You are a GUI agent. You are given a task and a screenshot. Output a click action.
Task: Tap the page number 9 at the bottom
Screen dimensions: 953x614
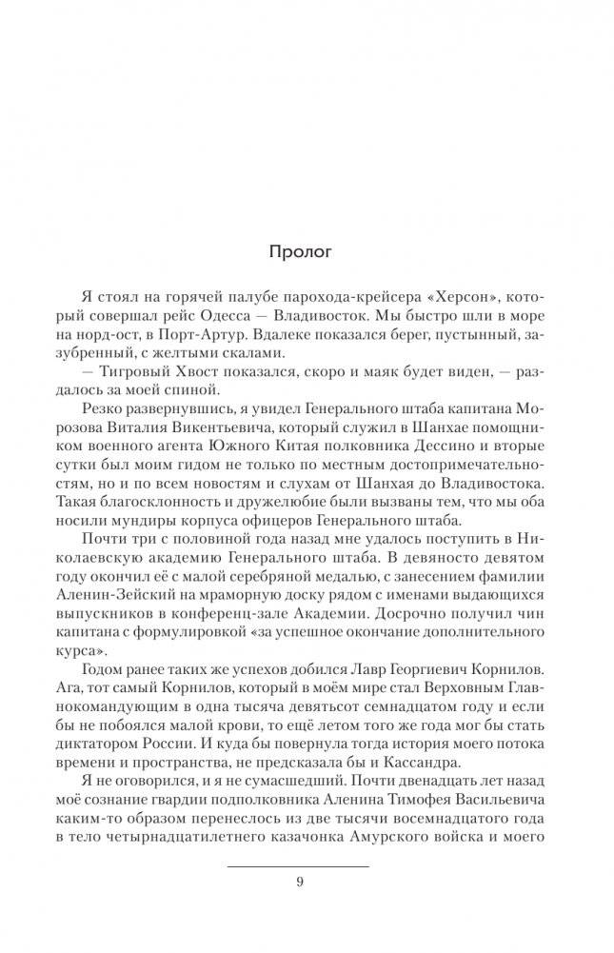pos(300,881)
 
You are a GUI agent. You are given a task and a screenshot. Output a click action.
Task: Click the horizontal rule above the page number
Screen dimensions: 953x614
pos(300,866)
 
